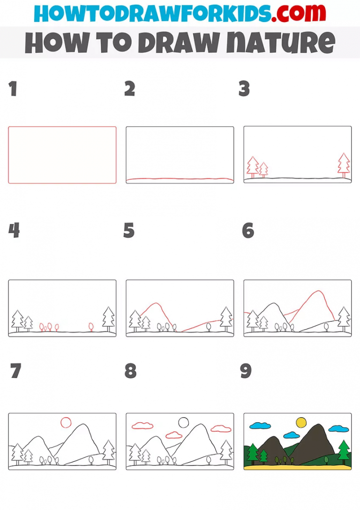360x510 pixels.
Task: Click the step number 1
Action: [x=13, y=89]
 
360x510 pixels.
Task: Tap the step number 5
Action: [x=129, y=230]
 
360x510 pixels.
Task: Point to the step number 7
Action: [x=15, y=371]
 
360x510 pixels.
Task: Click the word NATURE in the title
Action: [x=280, y=42]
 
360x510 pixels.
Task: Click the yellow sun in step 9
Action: [x=301, y=423]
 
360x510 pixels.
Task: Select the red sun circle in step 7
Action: [x=66, y=423]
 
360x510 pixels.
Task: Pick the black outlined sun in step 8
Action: [x=183, y=423]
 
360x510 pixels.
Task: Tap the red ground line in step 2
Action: [x=180, y=179]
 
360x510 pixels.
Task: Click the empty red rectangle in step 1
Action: [x=62, y=155]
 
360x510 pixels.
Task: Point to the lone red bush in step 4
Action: [x=91, y=326]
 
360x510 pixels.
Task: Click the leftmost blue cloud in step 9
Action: [x=260, y=426]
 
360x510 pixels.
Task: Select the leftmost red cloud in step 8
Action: [x=142, y=426]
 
